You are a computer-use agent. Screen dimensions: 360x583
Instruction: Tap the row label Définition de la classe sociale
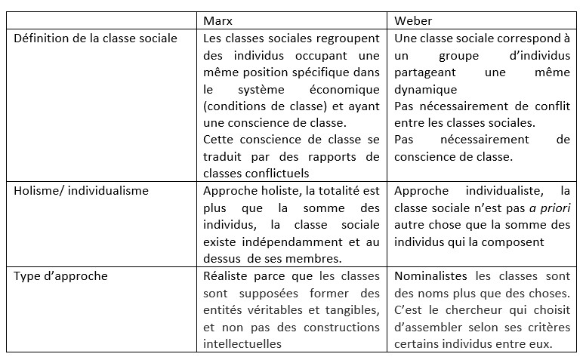tap(96, 38)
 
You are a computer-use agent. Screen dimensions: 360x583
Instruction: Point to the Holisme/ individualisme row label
tap(82, 191)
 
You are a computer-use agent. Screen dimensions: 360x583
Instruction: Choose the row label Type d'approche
tap(60, 275)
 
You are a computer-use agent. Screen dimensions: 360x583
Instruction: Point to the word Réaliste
tap(227, 275)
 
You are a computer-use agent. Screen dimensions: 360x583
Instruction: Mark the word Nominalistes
tap(430, 275)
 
